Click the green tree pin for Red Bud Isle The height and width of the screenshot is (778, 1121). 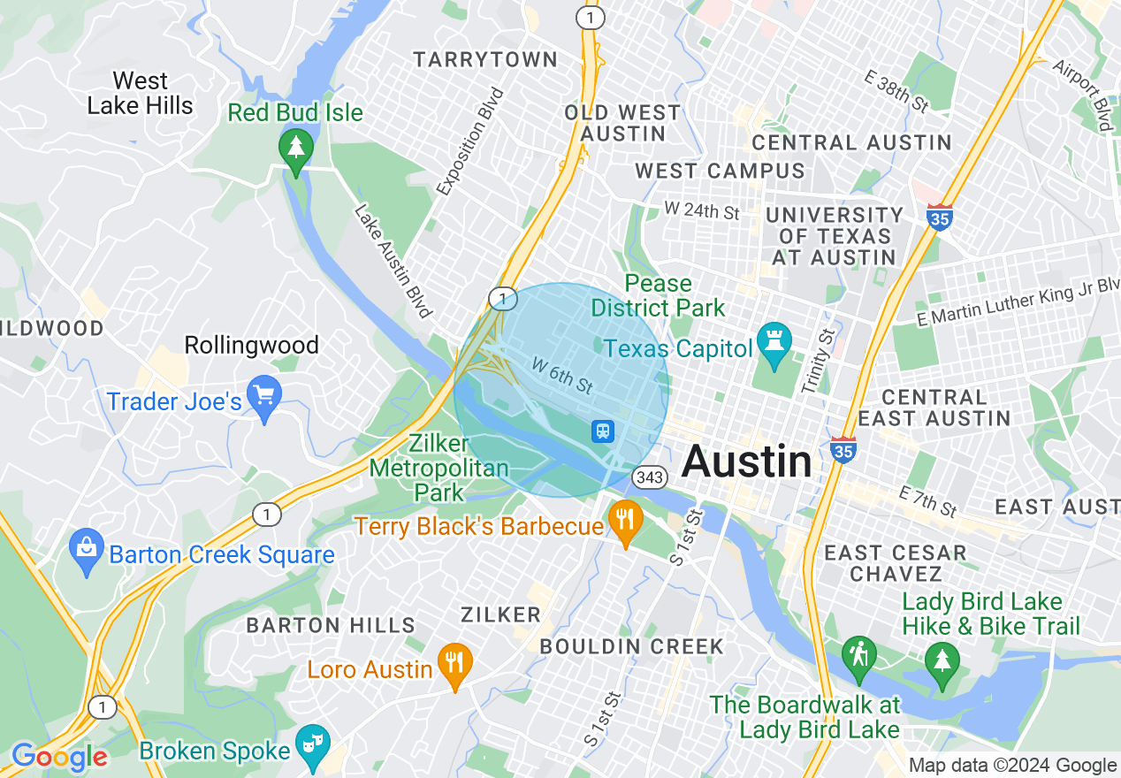click(x=295, y=149)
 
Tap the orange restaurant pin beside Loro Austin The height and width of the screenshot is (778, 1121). click(x=455, y=666)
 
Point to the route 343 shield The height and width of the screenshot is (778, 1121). click(x=650, y=477)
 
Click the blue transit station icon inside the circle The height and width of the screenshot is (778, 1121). click(x=603, y=431)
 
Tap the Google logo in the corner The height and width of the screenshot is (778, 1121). click(x=59, y=757)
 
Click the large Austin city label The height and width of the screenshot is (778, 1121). click(x=747, y=461)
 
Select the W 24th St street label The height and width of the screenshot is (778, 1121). click(x=702, y=212)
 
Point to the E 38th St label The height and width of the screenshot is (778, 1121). click(x=896, y=90)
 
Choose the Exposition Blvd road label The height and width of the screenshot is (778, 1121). click(x=470, y=141)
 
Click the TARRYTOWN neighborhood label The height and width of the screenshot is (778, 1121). click(x=486, y=60)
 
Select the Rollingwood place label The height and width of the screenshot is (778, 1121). click(x=251, y=346)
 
